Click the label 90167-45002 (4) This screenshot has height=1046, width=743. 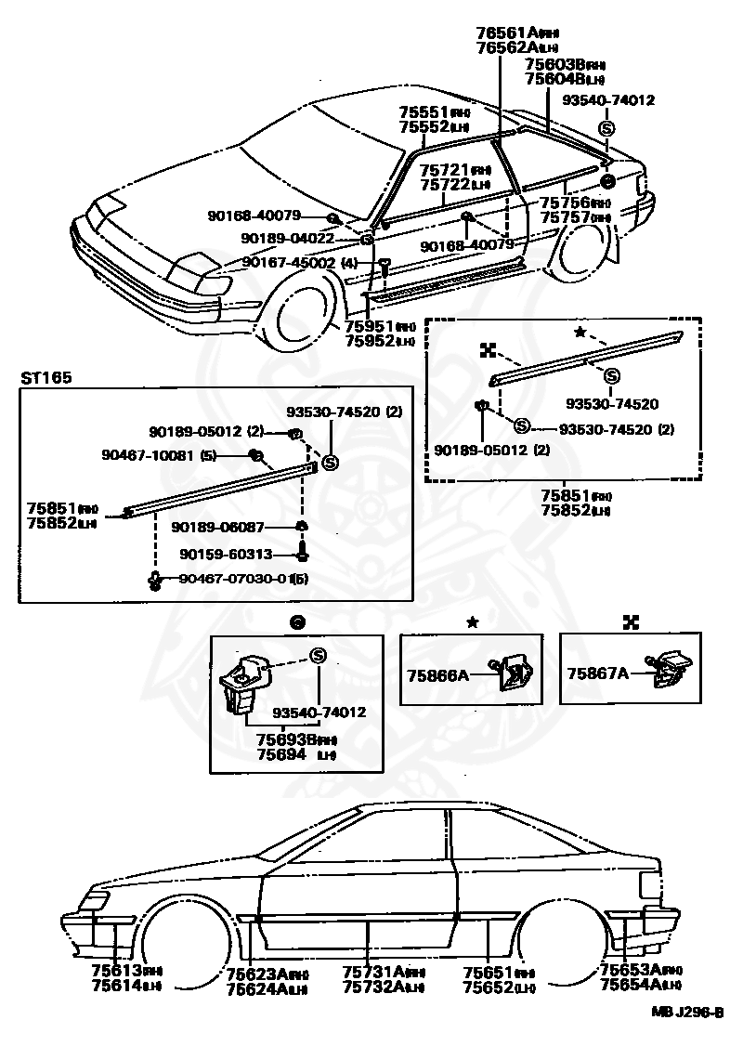pyautogui.click(x=299, y=263)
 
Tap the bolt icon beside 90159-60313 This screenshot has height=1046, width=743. pyautogui.click(x=302, y=555)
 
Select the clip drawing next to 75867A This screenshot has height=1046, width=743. pyautogui.click(x=671, y=670)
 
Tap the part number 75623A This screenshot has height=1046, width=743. pyautogui.click(x=258, y=974)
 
